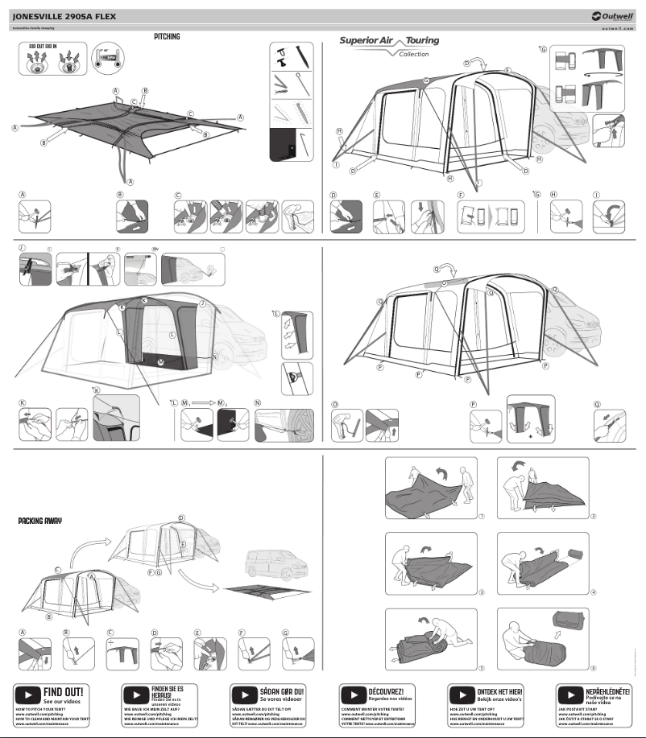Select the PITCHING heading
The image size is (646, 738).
pos(167,37)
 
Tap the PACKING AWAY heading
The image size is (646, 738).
pos(40,521)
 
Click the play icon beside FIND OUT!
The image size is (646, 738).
pos(28,693)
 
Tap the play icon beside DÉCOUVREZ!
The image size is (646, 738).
pos(353,693)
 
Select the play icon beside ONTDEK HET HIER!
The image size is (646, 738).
pos(462,693)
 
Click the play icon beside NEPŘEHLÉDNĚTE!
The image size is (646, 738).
pos(570,693)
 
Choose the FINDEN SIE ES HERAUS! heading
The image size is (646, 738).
pos(168,691)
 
